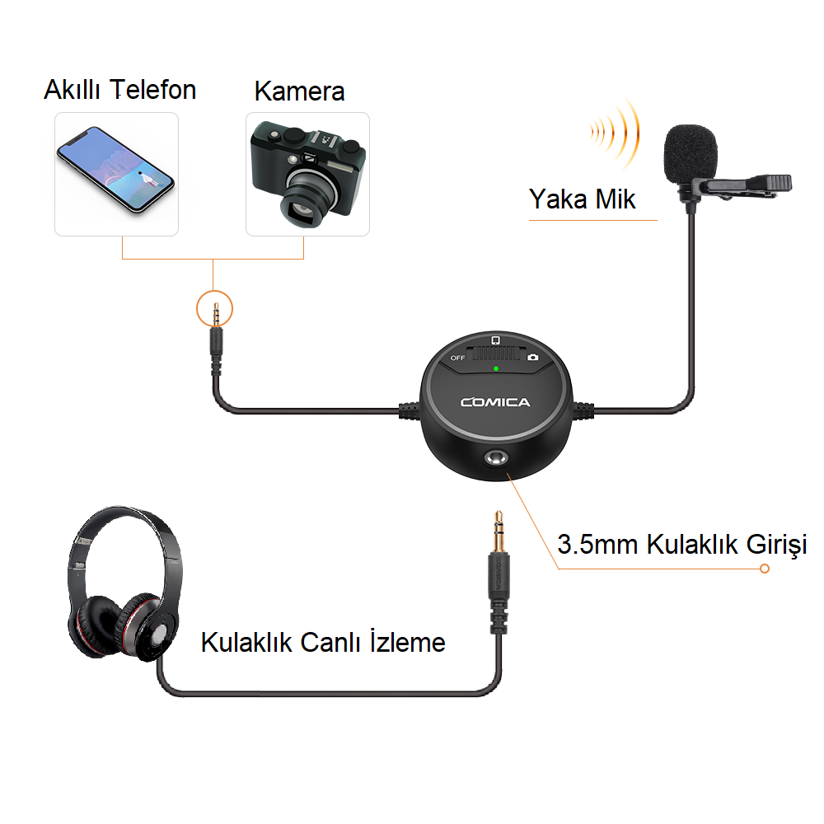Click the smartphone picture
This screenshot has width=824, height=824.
pyautogui.click(x=115, y=169)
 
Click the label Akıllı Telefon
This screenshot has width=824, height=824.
pyautogui.click(x=119, y=90)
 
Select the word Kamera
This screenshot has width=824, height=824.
pyautogui.click(x=300, y=91)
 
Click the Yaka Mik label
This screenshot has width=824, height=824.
pyautogui.click(x=583, y=199)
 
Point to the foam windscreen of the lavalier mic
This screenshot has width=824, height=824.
pyautogui.click(x=690, y=152)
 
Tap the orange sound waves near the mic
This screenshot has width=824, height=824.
pyautogui.click(x=615, y=133)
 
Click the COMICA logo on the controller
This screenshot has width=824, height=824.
pyautogui.click(x=495, y=403)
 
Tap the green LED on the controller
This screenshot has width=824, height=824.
pyautogui.click(x=495, y=369)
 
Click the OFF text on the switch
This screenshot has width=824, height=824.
pyautogui.click(x=457, y=358)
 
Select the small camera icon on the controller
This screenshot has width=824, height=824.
pyautogui.click(x=533, y=358)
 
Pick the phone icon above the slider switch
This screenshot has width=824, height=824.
pyautogui.click(x=495, y=340)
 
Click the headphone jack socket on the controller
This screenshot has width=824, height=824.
pyautogui.click(x=496, y=458)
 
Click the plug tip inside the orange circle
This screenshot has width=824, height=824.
pyautogui.click(x=215, y=314)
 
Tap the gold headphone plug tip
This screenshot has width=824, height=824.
pyautogui.click(x=499, y=531)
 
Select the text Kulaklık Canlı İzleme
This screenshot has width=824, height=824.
pyautogui.click(x=323, y=642)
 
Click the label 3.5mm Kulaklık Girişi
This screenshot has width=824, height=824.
pyautogui.click(x=681, y=545)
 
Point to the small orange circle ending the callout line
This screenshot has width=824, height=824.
pyautogui.click(x=765, y=569)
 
